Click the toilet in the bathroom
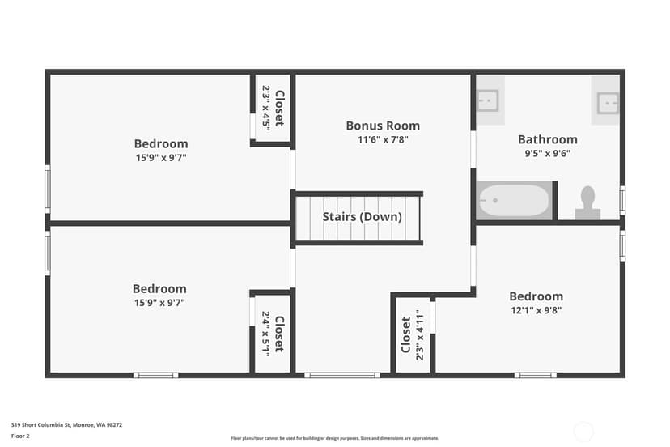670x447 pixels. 587,202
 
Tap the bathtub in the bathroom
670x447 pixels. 514,200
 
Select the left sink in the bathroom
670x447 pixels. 487,100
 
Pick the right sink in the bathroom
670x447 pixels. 608,103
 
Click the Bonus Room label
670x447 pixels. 383,126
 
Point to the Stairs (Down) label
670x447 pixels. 362,217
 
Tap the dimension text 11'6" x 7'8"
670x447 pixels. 383,139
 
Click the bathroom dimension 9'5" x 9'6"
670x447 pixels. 547,153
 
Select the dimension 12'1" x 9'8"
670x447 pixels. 536,310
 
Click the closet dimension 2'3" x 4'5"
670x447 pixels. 266,109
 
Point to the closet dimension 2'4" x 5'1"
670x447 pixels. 265,334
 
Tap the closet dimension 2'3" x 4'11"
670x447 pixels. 420,335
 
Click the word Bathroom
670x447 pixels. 547,139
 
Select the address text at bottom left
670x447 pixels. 66,425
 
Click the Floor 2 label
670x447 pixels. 20,436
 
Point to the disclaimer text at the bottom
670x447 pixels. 335,438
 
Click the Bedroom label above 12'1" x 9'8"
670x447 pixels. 536,296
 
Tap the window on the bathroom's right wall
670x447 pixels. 622,200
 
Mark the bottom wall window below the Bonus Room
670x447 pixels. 342,375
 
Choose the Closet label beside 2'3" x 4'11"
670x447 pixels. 406,335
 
